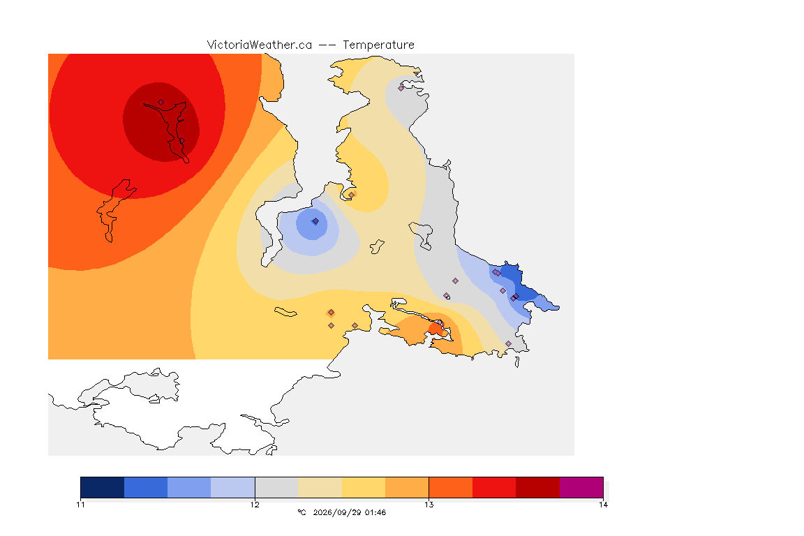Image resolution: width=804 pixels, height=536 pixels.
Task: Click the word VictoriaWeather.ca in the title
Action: click(x=260, y=45)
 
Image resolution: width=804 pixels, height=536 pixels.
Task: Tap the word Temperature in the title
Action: click(x=378, y=45)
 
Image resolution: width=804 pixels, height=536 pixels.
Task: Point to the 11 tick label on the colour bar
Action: click(x=80, y=505)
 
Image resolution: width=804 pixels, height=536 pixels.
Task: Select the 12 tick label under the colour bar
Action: click(x=255, y=505)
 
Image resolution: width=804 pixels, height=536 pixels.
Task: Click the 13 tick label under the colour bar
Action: click(x=429, y=505)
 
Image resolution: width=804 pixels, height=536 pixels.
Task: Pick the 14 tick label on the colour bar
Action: click(x=603, y=505)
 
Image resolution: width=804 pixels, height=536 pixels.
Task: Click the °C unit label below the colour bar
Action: click(x=301, y=512)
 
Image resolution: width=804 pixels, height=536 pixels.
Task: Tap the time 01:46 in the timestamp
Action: click(x=375, y=512)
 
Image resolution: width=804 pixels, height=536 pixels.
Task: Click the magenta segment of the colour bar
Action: click(x=581, y=487)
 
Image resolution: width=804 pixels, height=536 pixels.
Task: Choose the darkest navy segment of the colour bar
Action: click(x=103, y=487)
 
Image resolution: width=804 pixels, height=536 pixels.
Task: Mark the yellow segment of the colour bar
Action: click(x=364, y=487)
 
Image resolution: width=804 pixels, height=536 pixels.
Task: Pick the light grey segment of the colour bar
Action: click(x=277, y=487)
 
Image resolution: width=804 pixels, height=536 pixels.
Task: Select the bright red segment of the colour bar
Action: click(x=494, y=487)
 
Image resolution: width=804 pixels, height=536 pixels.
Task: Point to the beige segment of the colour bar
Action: click(x=320, y=487)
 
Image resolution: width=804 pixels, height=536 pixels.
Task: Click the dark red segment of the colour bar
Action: click(x=538, y=487)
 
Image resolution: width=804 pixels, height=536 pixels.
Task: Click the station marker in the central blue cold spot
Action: click(x=316, y=221)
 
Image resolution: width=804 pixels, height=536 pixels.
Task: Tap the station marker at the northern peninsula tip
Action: click(x=401, y=88)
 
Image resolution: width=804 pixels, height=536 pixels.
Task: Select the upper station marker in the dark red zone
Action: click(x=161, y=103)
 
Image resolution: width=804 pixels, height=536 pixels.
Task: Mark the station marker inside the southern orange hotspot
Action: click(x=440, y=322)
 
